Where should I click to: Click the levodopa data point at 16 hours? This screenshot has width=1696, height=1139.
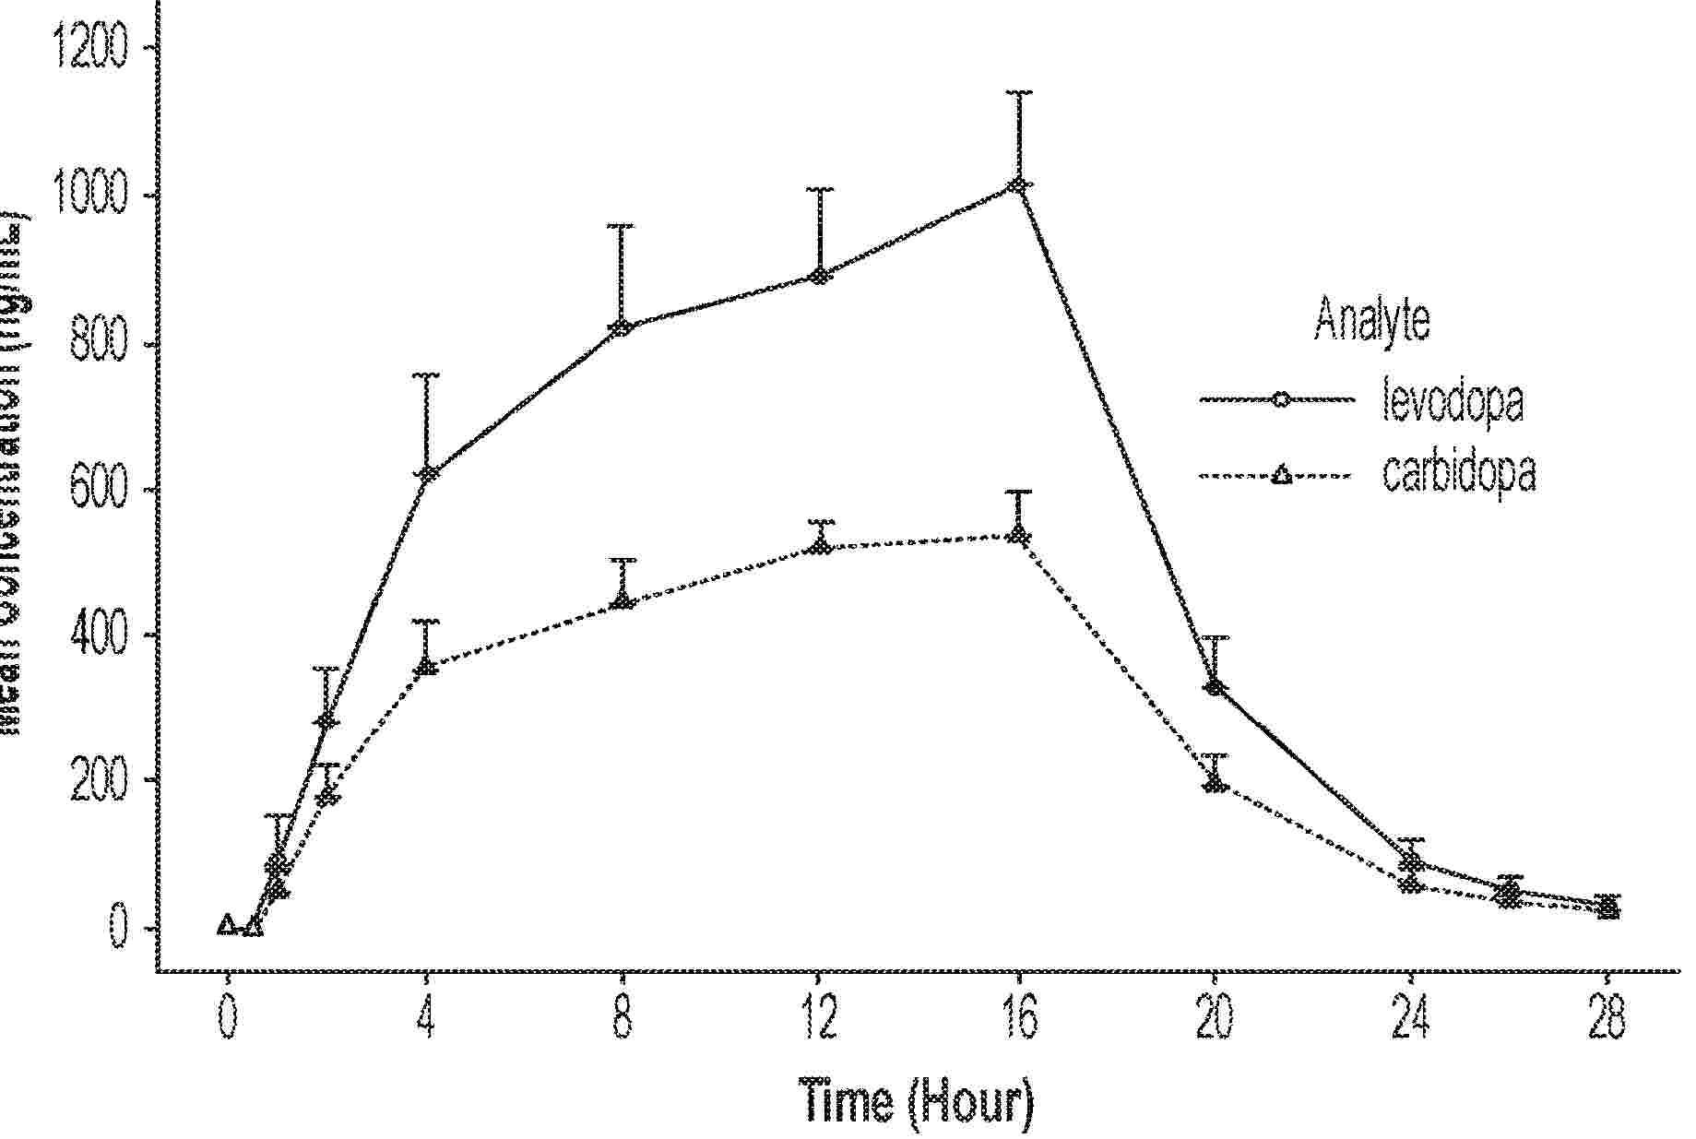tap(1018, 186)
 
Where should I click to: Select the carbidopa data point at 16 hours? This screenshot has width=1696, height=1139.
tap(1018, 535)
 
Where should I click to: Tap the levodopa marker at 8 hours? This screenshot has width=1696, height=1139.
tap(622, 327)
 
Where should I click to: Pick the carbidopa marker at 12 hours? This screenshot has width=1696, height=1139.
tap(820, 546)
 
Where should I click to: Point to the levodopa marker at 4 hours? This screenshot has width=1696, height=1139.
tap(426, 474)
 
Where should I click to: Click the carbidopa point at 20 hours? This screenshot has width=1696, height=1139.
tap(1216, 784)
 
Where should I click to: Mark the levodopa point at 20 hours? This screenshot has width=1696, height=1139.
tap(1216, 686)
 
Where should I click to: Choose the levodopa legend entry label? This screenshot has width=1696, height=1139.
tap(1452, 399)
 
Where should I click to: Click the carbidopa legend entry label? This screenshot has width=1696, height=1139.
tap(1459, 474)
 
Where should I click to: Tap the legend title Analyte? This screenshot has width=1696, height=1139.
tap(1372, 319)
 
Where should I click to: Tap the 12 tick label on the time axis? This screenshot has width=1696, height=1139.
tap(819, 1019)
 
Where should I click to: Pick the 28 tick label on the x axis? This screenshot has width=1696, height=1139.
tap(1607, 1019)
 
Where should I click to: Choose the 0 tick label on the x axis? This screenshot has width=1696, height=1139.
tap(228, 1019)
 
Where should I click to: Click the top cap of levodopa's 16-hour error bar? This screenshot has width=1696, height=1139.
tap(1019, 92)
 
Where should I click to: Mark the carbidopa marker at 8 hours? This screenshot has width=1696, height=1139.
tap(623, 601)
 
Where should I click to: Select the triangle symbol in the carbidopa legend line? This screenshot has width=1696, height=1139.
tap(1279, 477)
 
